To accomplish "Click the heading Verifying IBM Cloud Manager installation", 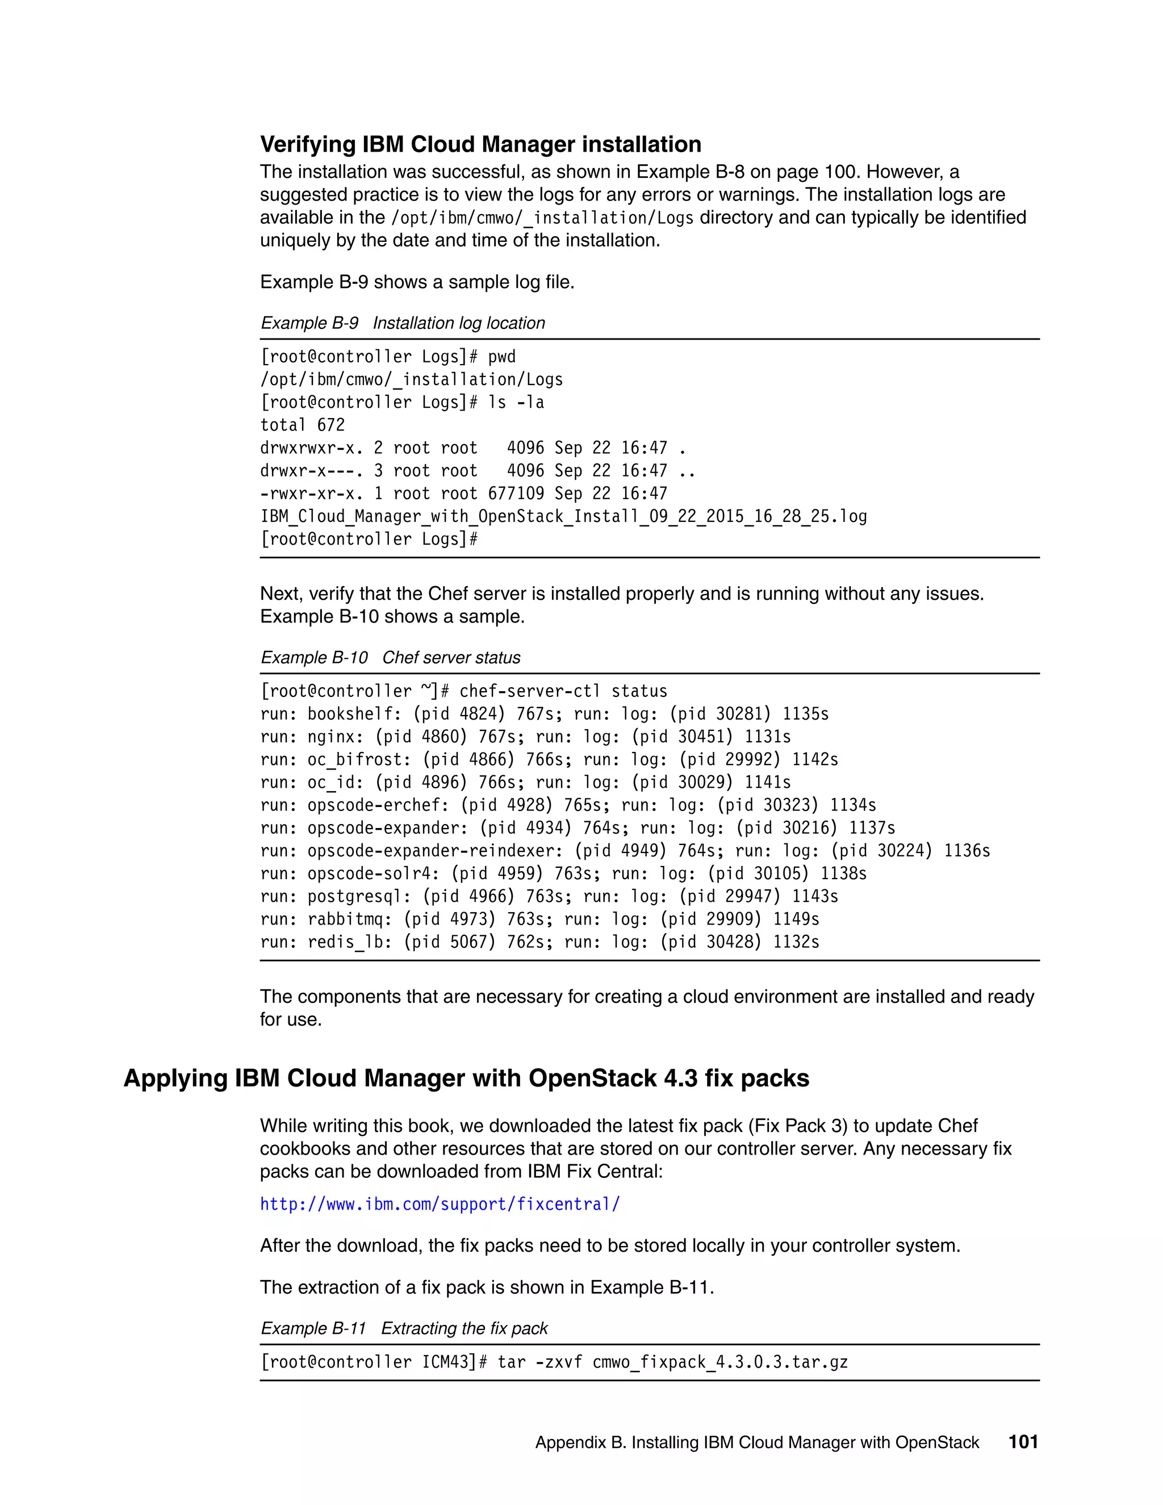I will tap(480, 144).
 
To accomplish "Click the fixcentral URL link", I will tap(440, 1204).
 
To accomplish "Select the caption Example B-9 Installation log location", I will tap(403, 323).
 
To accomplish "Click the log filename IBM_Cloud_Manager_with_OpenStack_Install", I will tap(563, 516).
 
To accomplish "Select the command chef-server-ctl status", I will tap(563, 691).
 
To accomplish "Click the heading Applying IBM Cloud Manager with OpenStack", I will tap(466, 1078).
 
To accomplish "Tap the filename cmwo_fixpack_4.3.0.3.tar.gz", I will tap(720, 1362).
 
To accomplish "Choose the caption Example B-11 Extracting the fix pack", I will tap(404, 1328).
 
